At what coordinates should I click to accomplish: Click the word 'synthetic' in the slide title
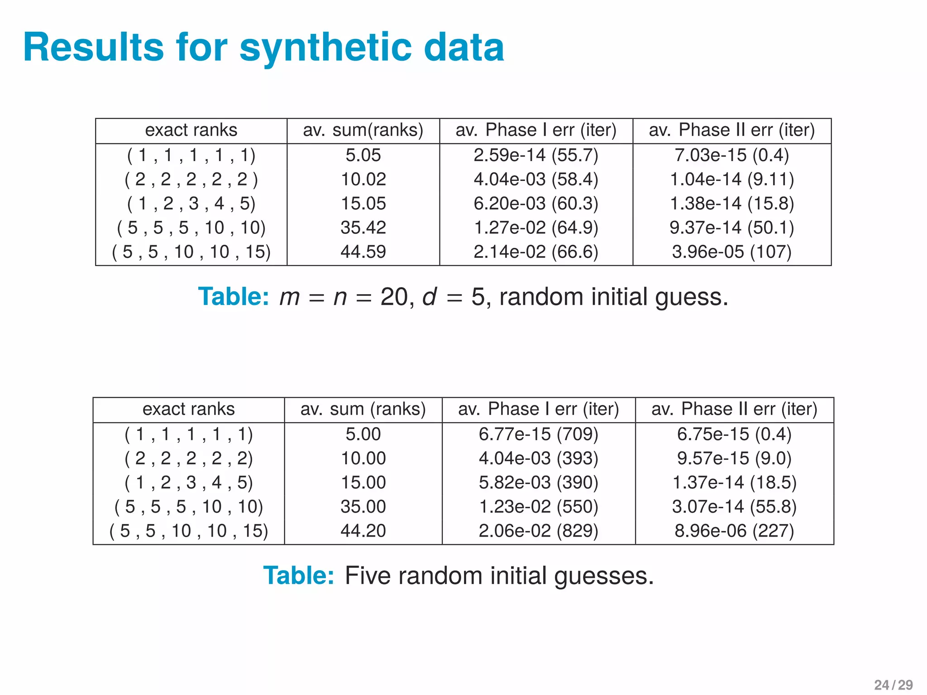(326, 48)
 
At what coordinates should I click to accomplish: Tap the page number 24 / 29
(893, 685)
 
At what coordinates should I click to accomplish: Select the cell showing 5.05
(363, 155)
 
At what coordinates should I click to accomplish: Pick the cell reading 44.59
(363, 252)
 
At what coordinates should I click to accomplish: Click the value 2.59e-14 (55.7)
(536, 155)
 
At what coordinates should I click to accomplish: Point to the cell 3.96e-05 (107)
(731, 252)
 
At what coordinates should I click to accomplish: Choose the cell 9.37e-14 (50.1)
(731, 228)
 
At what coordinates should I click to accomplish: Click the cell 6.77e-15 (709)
(538, 434)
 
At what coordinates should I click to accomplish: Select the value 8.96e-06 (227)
(734, 531)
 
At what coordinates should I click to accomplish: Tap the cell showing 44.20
(363, 531)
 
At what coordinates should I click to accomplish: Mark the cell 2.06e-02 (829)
(538, 531)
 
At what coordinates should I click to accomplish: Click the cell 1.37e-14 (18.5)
(734, 482)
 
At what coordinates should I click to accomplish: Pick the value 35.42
(363, 228)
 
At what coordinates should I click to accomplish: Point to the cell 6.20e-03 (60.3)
(536, 204)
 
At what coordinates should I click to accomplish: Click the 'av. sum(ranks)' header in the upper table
(363, 130)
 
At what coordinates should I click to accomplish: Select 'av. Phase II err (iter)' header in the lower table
(734, 409)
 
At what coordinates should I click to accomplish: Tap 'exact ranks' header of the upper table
(191, 130)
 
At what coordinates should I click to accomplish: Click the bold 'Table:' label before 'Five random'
(299, 576)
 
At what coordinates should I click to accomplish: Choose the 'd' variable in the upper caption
(429, 297)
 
